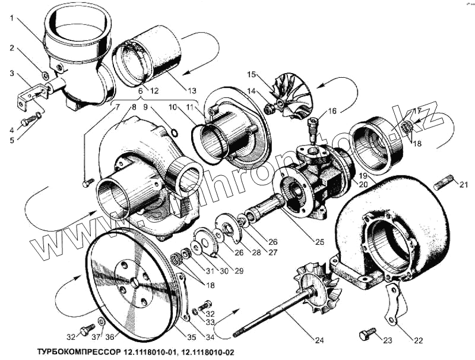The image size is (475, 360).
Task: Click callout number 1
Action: [x=11, y=17]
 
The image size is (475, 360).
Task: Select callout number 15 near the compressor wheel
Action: [x=251, y=75]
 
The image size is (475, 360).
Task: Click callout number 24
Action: [x=320, y=340]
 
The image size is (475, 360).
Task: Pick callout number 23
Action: [x=388, y=340]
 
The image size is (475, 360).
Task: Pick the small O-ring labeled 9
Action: [x=172, y=131]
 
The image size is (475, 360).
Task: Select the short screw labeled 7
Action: [x=87, y=183]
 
